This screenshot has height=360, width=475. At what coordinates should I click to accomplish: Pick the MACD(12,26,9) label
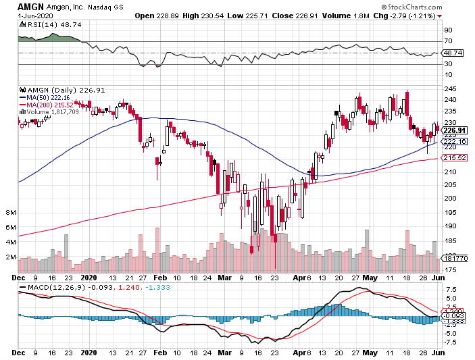[x=57, y=288]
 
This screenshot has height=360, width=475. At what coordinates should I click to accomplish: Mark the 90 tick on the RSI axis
[x=447, y=30]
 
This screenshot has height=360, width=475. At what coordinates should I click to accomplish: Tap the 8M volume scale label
[x=10, y=213]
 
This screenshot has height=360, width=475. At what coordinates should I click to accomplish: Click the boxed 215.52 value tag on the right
[x=453, y=158]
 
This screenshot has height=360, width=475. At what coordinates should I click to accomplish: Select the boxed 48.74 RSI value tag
[x=451, y=53]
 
